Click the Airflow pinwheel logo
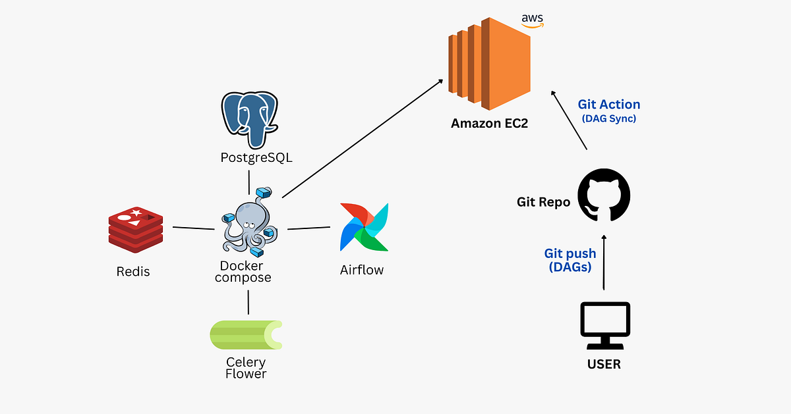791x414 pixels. [x=364, y=227]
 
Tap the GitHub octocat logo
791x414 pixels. [x=604, y=195]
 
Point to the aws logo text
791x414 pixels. [x=532, y=19]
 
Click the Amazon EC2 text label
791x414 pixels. [x=489, y=124]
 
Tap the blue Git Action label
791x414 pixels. [x=608, y=105]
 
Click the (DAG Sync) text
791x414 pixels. [x=608, y=119]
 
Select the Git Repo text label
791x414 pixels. [x=543, y=202]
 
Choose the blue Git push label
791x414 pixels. [x=570, y=253]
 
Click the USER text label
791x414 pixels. [x=604, y=364]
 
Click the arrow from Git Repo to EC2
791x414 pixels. [x=570, y=120]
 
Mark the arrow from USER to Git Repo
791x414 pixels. [x=604, y=260]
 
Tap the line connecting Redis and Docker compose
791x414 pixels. [x=193, y=228]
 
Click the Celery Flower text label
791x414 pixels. [x=246, y=368]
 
